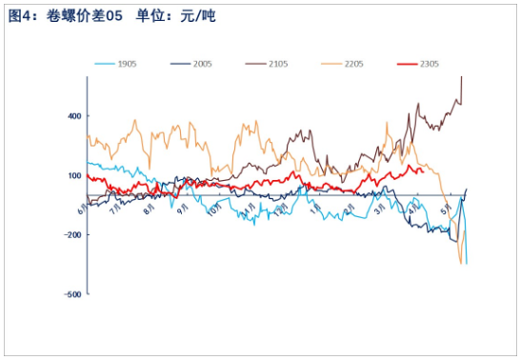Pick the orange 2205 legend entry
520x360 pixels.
[x=353, y=64]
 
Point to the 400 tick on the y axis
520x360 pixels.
[x=73, y=115]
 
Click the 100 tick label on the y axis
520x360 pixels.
[x=73, y=175]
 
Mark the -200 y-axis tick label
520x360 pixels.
[x=71, y=234]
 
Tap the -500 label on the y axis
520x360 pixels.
[x=71, y=294]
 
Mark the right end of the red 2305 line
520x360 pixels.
[x=423, y=172]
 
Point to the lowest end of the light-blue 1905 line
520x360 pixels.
[x=467, y=263]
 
